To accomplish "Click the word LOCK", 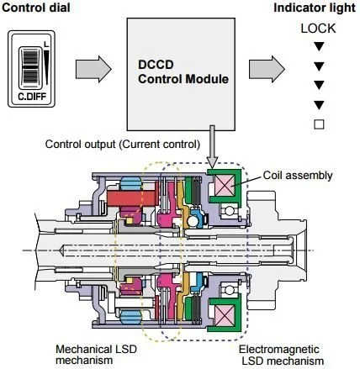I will [318, 29].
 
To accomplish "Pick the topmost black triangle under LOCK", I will [318, 46].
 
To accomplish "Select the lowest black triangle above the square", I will [318, 104].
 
